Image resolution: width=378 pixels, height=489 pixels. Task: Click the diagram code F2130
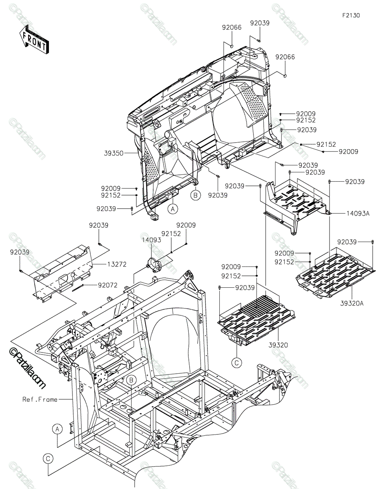pyautogui.click(x=351, y=15)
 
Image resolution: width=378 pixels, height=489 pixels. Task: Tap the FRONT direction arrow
pyautogui.click(x=34, y=39)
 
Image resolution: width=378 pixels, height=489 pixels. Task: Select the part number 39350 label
pyautogui.click(x=114, y=153)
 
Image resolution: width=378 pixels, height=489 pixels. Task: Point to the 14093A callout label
pyautogui.click(x=358, y=213)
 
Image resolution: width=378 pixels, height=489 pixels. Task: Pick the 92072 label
pyautogui.click(x=107, y=285)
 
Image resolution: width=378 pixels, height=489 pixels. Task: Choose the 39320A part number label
pyautogui.click(x=352, y=303)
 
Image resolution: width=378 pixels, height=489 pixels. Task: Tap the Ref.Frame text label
pyautogui.click(x=40, y=399)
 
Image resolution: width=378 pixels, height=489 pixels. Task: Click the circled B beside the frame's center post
pyautogui.click(x=131, y=380)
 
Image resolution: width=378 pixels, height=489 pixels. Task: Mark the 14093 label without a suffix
pyautogui.click(x=151, y=240)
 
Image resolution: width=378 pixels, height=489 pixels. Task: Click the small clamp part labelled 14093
pyautogui.click(x=155, y=265)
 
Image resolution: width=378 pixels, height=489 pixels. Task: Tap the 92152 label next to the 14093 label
pyautogui.click(x=171, y=233)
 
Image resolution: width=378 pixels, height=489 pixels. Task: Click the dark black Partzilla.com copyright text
pyautogui.click(x=27, y=368)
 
